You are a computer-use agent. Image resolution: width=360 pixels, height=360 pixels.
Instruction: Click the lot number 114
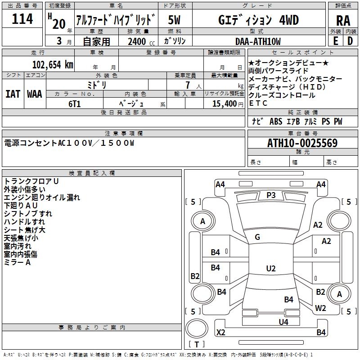coord(22,19)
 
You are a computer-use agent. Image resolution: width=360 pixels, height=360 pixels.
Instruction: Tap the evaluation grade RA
coord(343,20)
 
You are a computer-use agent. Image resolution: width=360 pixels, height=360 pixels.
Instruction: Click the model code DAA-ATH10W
coord(257,41)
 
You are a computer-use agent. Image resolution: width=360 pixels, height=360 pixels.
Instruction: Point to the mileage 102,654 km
coord(52,65)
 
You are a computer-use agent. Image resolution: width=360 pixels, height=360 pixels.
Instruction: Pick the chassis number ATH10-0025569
coord(302,143)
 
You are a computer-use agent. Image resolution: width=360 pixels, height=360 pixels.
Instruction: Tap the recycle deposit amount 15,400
coord(224,103)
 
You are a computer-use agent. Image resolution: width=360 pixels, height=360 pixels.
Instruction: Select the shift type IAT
coord(13,94)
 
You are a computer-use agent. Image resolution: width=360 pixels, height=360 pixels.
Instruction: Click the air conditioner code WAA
coord(35,94)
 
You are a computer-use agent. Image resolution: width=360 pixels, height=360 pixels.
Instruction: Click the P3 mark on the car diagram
coord(271,195)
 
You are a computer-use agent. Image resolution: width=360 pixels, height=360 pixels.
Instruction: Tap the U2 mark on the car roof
coord(270,269)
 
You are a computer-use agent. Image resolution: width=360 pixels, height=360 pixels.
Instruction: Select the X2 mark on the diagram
coord(221,333)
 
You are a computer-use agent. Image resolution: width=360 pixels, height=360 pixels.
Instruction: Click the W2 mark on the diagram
coord(320,308)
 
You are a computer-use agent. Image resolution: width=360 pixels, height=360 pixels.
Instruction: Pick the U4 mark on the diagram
coord(283,322)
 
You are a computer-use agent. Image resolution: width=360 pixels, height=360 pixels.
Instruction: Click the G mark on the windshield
coord(257,237)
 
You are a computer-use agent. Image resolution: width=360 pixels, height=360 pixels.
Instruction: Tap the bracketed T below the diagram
coord(196,344)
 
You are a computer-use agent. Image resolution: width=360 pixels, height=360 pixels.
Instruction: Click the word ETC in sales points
coord(258,103)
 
